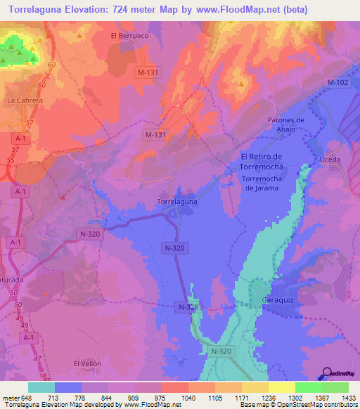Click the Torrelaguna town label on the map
coord(176,201)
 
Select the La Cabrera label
coord(25,100)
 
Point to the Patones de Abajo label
coord(285,124)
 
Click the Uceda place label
coord(330,160)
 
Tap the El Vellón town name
coord(88,363)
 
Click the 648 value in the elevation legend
coord(27,398)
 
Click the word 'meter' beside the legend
coord(11,398)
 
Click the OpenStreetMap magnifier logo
coord(326,374)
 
